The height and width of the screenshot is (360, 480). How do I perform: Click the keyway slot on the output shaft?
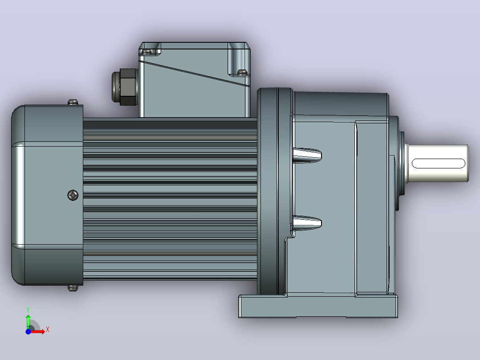(438, 164)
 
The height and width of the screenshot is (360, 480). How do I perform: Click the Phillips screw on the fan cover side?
(73, 195)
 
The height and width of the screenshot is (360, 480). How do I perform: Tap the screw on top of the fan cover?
(73, 102)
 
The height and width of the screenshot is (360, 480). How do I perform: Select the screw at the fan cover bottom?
(73, 288)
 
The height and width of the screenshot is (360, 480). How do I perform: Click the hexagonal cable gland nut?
(128, 87)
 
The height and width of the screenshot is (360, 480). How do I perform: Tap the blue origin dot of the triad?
(28, 331)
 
